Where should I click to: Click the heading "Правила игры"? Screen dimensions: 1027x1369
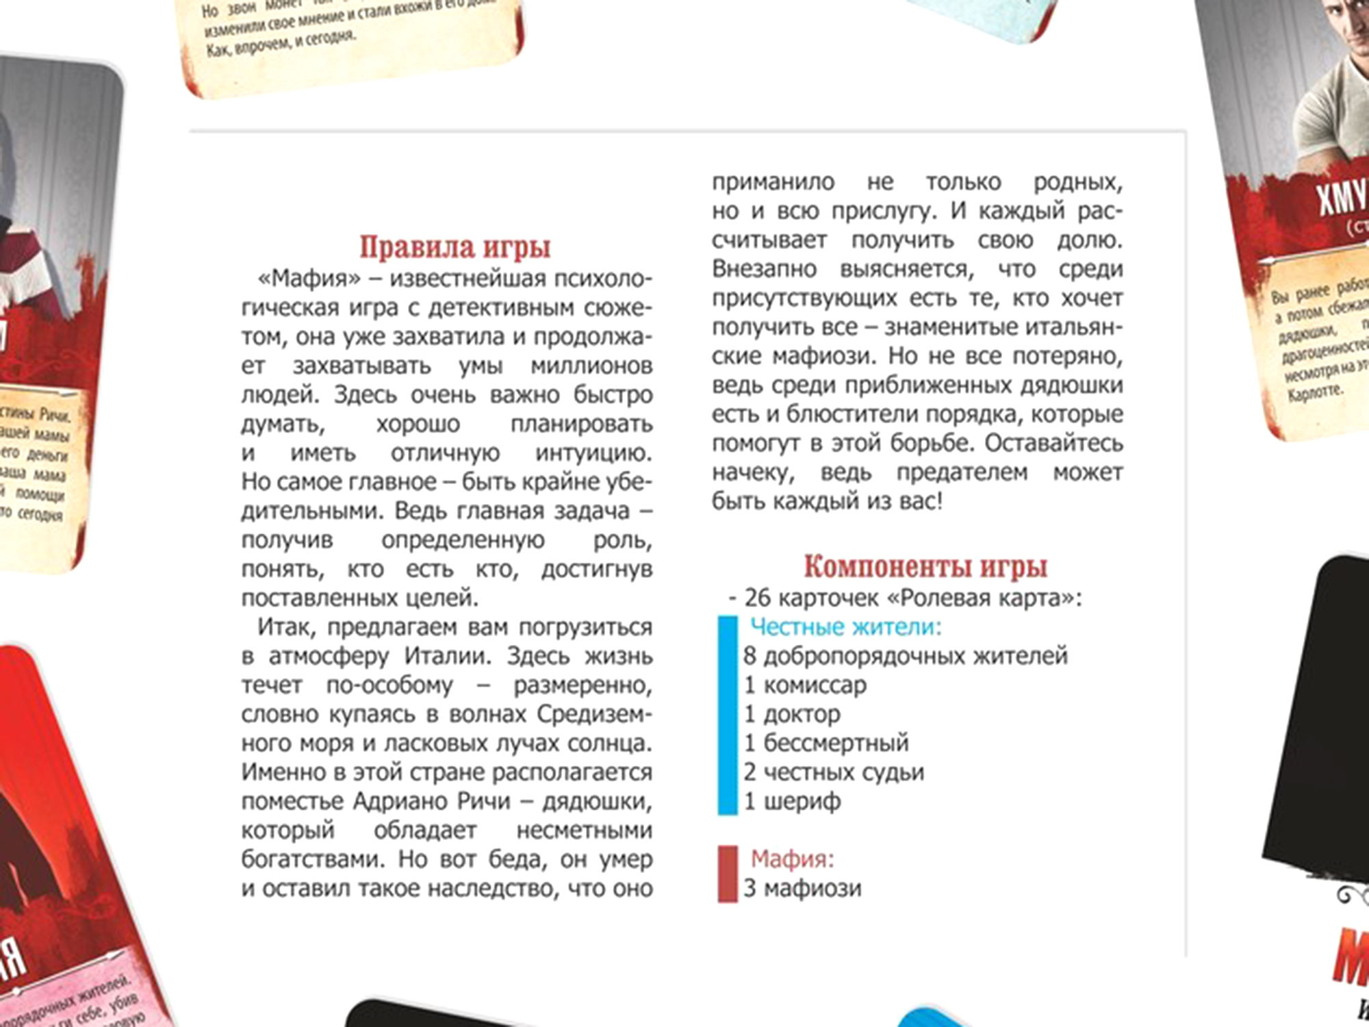tap(455, 247)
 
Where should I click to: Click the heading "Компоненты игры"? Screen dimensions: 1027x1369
tap(925, 567)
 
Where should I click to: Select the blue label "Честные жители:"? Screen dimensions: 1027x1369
tap(846, 626)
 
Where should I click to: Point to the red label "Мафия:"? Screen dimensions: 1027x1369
tap(792, 859)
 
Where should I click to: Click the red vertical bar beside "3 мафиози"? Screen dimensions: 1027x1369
tap(727, 874)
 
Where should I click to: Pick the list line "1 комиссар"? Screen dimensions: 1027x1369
tap(805, 685)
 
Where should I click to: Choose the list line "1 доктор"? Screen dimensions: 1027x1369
tap(792, 714)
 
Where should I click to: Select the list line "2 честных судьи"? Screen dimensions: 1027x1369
tap(834, 772)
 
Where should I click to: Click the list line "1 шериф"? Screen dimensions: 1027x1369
tap(792, 801)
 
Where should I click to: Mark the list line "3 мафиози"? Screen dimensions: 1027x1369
tap(802, 888)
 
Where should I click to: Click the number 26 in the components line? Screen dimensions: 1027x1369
tap(758, 598)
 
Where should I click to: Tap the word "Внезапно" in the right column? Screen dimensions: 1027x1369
tap(765, 269)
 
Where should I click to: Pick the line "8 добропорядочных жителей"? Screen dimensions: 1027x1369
tap(905, 656)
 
